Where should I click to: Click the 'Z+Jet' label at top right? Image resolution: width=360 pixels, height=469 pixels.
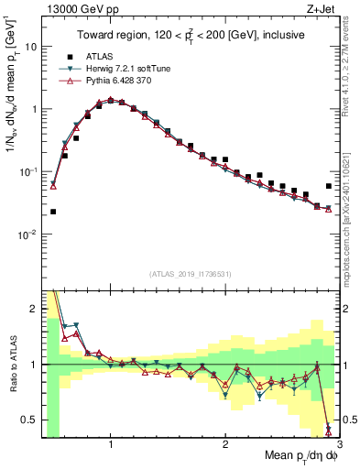click(322, 8)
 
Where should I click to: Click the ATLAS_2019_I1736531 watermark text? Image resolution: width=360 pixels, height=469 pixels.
click(191, 274)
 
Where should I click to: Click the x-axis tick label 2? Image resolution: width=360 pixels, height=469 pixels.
click(225, 442)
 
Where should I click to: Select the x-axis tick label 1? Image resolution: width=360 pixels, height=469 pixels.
click(111, 442)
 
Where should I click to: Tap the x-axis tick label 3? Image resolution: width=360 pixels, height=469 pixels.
click(338, 442)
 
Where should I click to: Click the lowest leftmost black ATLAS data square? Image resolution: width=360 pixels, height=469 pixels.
click(53, 212)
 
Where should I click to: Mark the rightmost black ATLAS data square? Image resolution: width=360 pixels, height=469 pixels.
click(329, 186)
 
